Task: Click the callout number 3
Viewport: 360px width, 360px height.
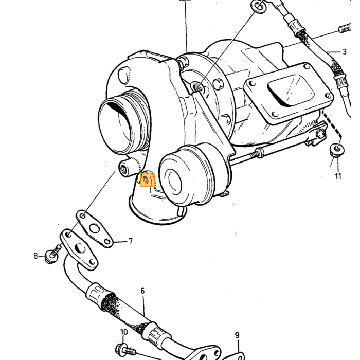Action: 344,52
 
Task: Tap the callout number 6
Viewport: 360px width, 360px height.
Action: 142,291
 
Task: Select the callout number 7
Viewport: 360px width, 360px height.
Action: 131,241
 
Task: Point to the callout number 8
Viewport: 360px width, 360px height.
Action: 35,256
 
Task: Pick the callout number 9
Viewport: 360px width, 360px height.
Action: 237,335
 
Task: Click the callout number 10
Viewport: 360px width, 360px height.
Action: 124,332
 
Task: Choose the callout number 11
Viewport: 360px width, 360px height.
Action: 338,176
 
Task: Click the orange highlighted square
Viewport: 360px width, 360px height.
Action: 148,180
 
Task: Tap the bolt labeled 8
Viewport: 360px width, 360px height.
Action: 53,255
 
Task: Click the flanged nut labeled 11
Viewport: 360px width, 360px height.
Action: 337,150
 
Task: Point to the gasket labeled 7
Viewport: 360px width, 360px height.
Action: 94,229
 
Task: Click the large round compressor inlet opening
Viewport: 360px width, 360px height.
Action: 115,128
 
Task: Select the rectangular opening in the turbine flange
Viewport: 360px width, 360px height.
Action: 291,90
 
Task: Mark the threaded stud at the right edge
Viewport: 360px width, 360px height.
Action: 345,28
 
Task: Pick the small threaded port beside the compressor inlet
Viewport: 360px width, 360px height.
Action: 125,169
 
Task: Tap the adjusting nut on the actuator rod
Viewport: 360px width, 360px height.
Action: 260,152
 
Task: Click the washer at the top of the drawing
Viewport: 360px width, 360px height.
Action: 260,6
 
